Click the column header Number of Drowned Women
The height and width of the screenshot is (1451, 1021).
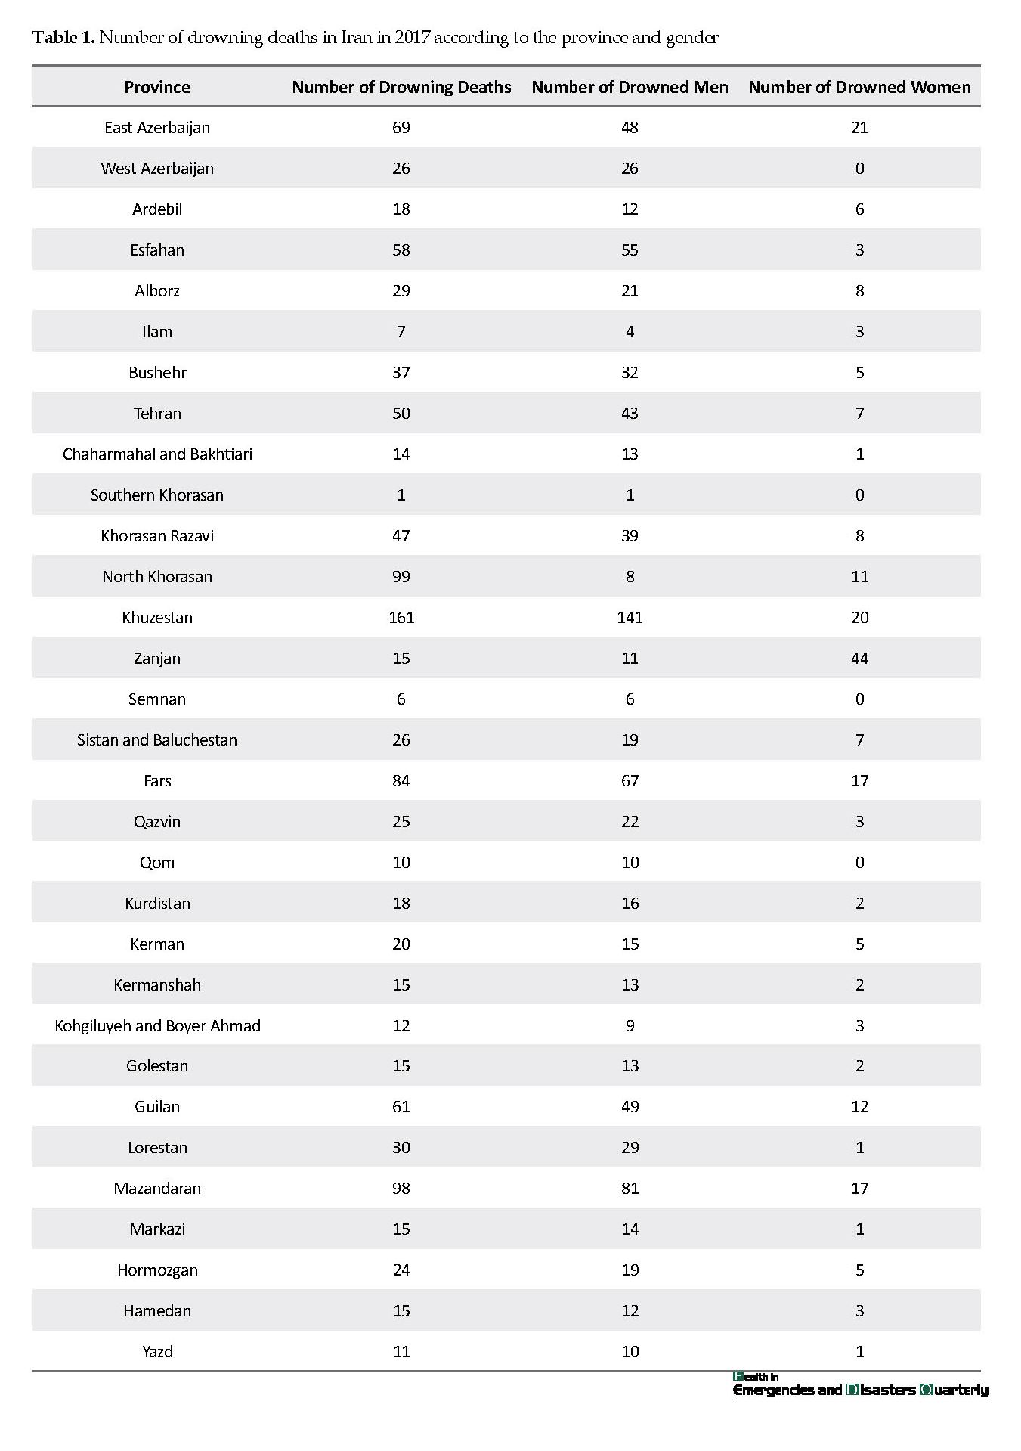tap(859, 87)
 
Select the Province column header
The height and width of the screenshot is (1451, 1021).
tap(157, 87)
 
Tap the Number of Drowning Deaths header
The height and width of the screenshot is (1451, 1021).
tap(401, 87)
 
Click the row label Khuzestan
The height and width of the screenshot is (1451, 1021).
tap(157, 617)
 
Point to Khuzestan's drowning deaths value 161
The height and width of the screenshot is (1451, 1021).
tap(401, 617)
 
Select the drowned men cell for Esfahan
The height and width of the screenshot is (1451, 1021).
tap(630, 250)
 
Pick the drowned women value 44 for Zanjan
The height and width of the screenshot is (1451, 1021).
tap(859, 658)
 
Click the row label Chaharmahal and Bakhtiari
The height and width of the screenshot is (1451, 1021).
tap(157, 454)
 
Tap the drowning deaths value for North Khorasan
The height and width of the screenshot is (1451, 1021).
tap(401, 576)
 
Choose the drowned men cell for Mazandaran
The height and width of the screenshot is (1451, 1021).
tap(630, 1188)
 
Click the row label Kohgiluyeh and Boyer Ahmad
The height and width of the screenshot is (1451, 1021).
tap(157, 1025)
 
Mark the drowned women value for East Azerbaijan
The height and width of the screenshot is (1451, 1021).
tap(859, 127)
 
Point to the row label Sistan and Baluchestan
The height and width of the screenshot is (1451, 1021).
tap(157, 739)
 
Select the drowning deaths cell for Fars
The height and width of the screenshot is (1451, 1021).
tap(401, 780)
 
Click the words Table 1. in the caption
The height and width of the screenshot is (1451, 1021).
tap(63, 38)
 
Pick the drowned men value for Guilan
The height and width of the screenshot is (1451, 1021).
tap(630, 1106)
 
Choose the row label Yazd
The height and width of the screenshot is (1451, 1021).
tap(157, 1351)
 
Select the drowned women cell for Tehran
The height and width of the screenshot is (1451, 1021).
tap(859, 413)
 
